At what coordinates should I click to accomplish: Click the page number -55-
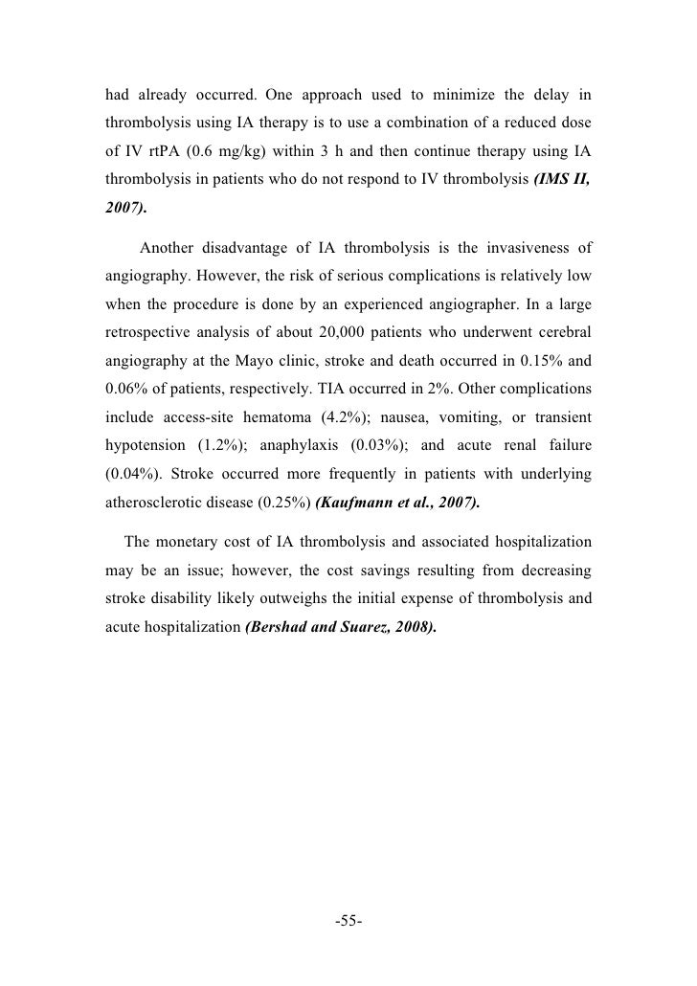click(348, 922)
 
